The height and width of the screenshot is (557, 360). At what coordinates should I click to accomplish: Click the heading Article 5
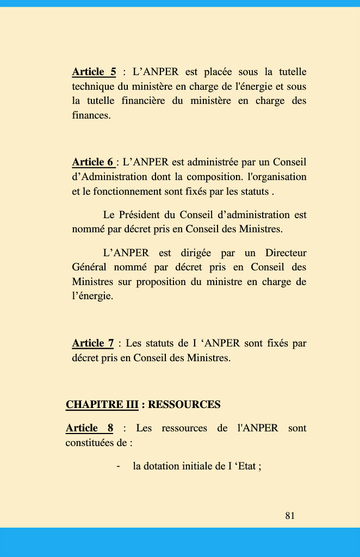tap(94, 72)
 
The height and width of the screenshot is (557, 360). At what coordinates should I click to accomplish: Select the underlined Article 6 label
tap(93, 162)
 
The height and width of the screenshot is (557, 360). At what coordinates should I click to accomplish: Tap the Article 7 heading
tap(93, 343)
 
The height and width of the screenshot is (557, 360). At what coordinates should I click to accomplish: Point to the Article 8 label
tap(89, 428)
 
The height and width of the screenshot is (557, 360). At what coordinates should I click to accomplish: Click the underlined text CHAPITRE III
tap(102, 405)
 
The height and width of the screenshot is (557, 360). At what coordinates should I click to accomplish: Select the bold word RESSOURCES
tap(184, 405)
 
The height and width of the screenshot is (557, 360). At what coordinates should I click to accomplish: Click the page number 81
tap(290, 516)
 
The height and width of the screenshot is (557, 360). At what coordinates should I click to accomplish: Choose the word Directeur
tap(285, 253)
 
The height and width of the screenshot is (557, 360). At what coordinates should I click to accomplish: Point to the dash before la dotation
tap(118, 466)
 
